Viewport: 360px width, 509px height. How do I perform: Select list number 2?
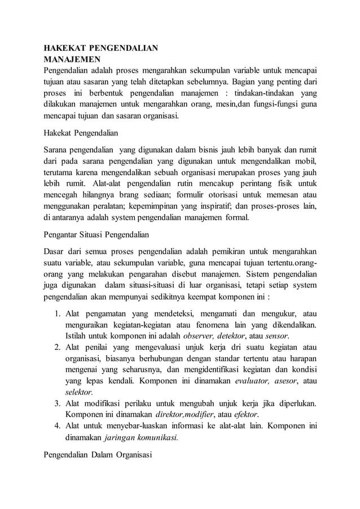[x=58, y=347]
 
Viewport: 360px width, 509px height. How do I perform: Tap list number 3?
[x=58, y=403]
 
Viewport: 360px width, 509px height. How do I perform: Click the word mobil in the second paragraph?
[x=305, y=161]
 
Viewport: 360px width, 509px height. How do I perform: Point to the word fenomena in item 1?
[x=210, y=324]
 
